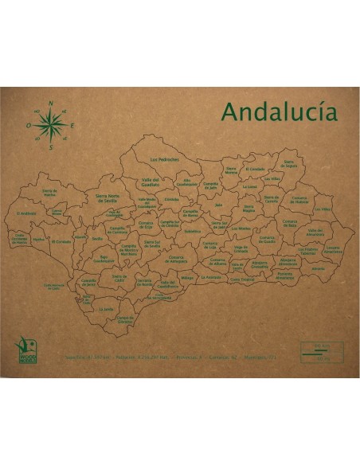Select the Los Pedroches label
(x=164, y=159)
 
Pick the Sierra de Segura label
(x=290, y=166)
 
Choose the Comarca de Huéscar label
(x=299, y=201)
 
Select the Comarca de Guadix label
(x=268, y=239)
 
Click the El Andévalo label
(x=26, y=214)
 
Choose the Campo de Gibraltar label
(x=123, y=318)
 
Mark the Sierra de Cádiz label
(x=119, y=279)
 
